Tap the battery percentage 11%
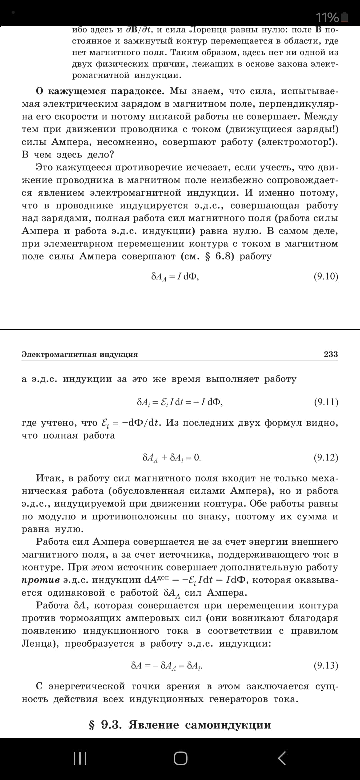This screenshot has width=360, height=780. pos(327,17)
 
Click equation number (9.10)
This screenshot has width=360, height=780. pos(326,276)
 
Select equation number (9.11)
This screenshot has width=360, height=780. pos(326,402)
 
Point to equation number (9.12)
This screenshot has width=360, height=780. pos(326,457)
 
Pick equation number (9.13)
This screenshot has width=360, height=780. pos(326,665)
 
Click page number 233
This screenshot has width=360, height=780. pos(331,354)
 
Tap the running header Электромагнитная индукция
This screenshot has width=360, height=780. pos(80,354)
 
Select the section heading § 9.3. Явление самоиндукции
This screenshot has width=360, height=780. pos(180,725)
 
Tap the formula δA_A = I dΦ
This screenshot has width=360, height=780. pos(175,277)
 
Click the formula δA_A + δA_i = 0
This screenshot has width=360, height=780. pos(172,458)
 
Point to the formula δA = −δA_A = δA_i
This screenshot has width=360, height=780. pos(167,666)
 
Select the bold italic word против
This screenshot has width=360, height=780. pos(41,580)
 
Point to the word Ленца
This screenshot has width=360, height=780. pos(38,644)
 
